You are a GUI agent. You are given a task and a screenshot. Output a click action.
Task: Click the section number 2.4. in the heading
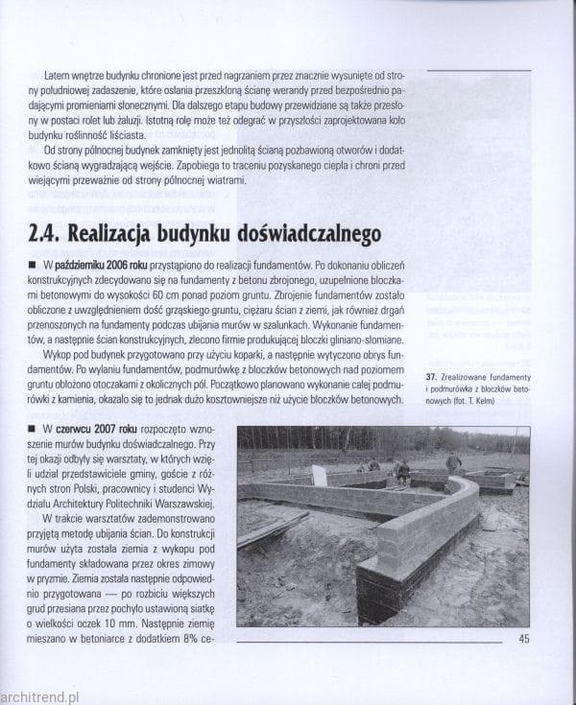49,235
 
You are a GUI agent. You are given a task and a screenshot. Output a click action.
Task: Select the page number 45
523,639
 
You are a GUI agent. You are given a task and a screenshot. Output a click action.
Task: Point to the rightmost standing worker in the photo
454,463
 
